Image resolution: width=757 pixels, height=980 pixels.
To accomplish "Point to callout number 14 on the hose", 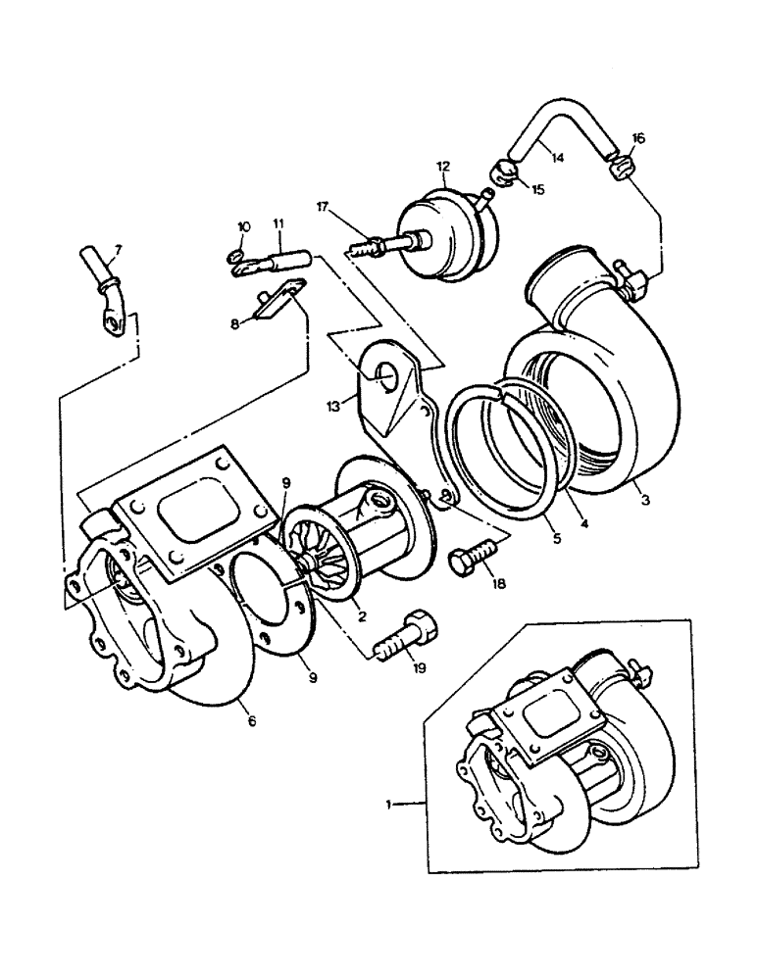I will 557,155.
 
